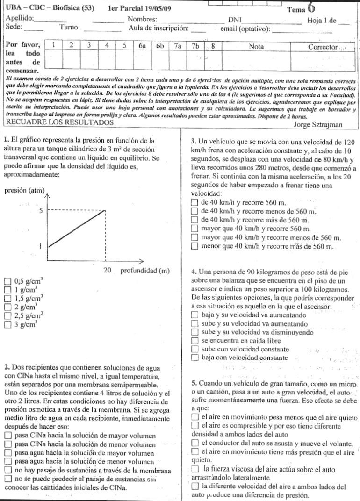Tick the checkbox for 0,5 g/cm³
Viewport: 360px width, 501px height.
coord(7,281)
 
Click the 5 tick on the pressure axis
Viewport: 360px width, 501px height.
coord(41,211)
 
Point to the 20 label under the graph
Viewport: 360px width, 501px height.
coord(107,271)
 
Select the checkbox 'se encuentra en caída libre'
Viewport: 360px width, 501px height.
coord(195,341)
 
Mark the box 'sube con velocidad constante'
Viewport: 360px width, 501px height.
coord(195,349)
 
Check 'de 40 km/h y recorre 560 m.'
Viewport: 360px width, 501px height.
coord(195,203)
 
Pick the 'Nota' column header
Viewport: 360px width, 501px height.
coord(257,47)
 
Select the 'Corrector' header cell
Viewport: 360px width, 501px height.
coord(323,47)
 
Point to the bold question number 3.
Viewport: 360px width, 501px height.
coord(194,139)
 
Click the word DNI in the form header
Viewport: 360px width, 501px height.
coord(234,20)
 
